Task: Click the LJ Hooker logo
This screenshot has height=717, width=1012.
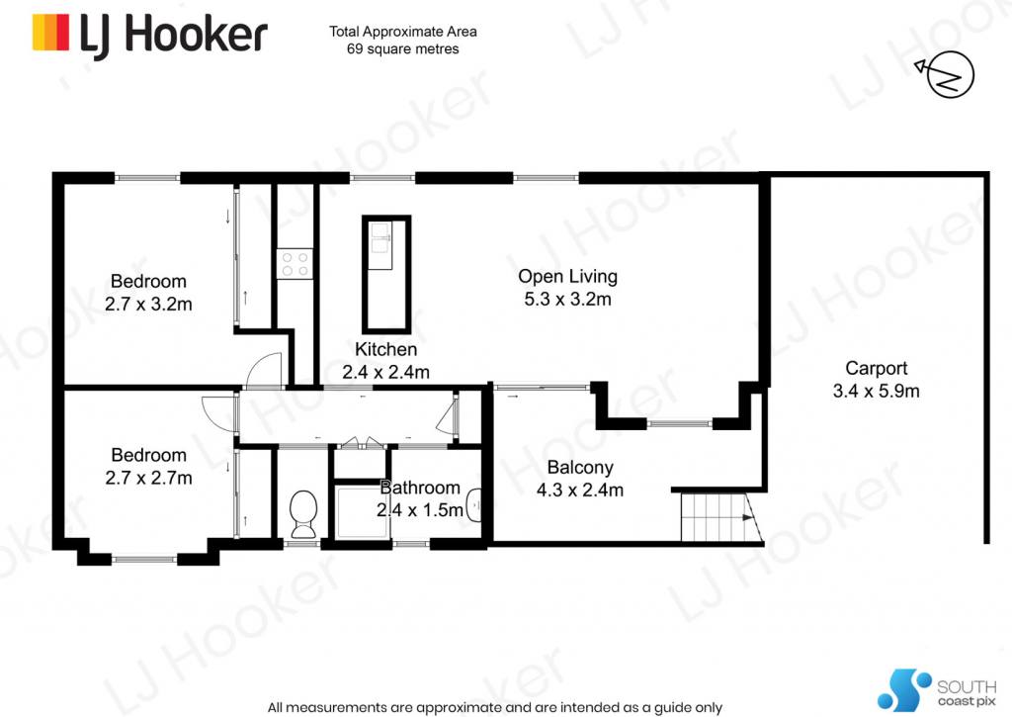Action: [150, 35]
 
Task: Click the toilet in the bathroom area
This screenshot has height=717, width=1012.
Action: [303, 513]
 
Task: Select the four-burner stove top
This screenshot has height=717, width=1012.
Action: [295, 264]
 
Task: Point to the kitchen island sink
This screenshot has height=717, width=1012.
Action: [380, 245]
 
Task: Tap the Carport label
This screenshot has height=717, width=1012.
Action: [876, 368]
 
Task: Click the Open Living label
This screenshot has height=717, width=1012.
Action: [567, 277]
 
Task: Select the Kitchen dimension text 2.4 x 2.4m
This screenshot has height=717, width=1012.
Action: [385, 372]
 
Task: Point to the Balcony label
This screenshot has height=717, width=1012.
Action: [579, 467]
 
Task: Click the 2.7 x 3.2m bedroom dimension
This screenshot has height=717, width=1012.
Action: [148, 304]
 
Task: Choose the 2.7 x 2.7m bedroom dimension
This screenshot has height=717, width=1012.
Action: [148, 478]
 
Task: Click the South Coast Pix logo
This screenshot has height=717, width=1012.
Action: [937, 690]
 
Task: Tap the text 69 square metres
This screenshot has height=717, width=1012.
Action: [403, 49]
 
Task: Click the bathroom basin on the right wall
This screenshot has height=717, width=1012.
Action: [474, 505]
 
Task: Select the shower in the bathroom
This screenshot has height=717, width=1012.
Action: [362, 512]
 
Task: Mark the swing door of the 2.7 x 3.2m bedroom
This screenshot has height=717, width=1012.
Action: [265, 370]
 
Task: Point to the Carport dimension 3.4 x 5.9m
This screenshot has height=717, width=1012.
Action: [876, 391]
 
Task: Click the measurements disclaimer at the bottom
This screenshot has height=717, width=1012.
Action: [495, 707]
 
